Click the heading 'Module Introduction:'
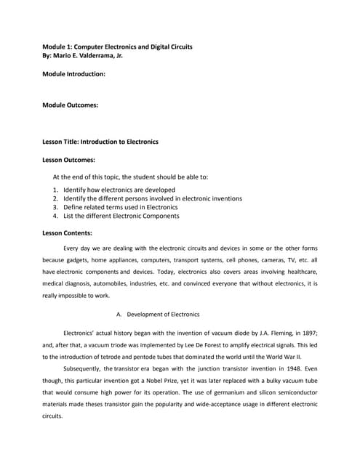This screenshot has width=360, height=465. click(x=74, y=74)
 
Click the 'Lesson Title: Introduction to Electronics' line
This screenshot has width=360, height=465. click(x=100, y=142)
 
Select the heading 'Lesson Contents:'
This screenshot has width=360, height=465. click(x=68, y=233)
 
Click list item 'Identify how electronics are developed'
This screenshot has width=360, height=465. click(x=119, y=190)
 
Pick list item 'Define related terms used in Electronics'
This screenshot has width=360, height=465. click(x=121, y=207)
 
